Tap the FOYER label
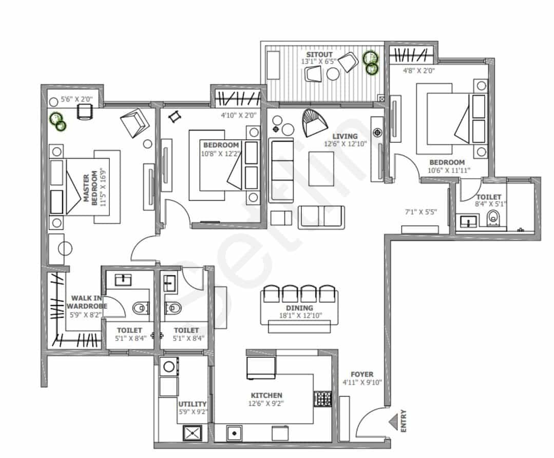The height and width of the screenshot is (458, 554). [x=362, y=374]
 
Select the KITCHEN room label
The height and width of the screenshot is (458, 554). [x=266, y=395]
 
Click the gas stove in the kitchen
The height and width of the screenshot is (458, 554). [x=323, y=398]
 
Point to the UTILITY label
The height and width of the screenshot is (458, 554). [x=192, y=404]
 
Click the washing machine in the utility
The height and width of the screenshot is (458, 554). [x=169, y=367]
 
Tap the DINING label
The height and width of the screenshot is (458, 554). [x=299, y=308]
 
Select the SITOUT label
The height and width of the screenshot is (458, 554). [x=319, y=54]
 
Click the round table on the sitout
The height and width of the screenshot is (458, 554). [x=333, y=74]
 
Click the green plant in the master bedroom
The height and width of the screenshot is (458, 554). [x=58, y=121]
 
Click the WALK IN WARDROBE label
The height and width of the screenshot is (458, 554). [x=87, y=302]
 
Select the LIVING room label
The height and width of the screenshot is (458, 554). [x=345, y=136]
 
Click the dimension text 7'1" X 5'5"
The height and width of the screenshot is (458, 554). [x=421, y=212]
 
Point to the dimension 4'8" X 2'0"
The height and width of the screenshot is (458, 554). [x=418, y=71]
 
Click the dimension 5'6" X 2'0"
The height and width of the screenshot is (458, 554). [x=77, y=99]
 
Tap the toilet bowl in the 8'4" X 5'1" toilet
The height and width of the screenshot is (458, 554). [x=493, y=218]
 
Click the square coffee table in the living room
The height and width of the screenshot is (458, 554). [x=321, y=168]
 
